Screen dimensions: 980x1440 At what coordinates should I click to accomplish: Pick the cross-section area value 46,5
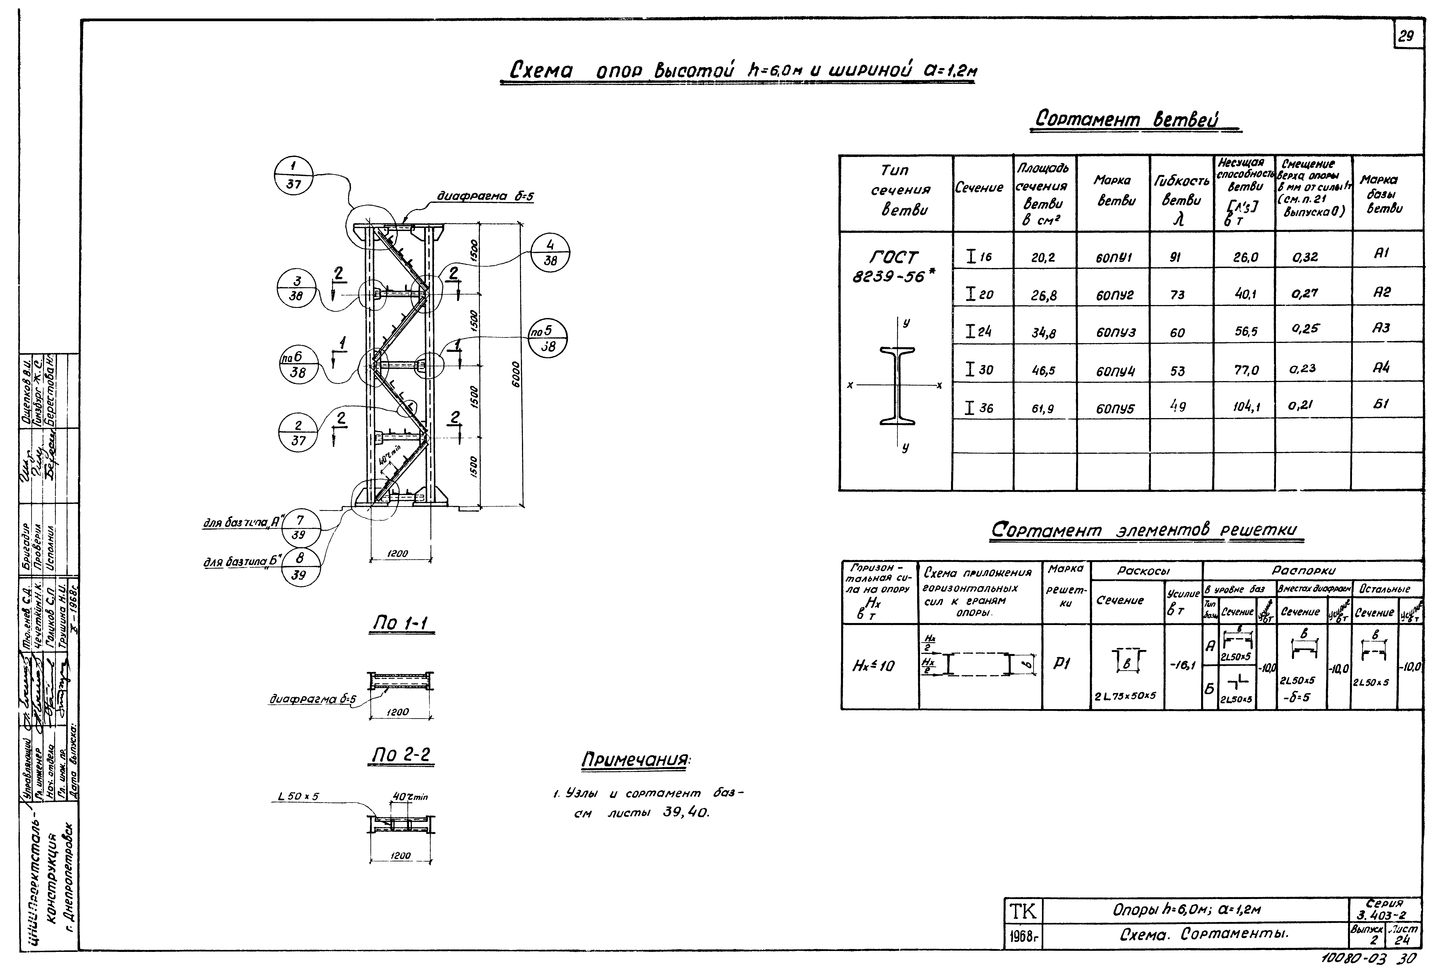click(1044, 371)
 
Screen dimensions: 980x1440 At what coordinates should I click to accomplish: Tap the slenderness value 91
click(1175, 257)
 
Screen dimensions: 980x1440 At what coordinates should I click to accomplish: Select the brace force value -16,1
click(1182, 665)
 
